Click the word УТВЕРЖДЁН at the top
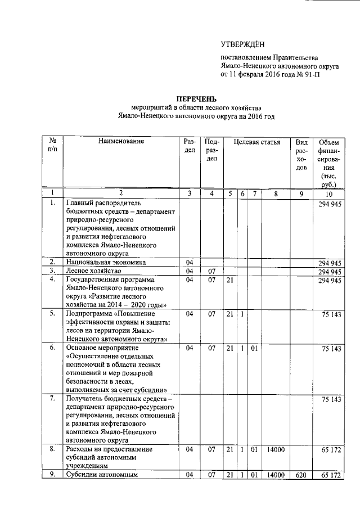point(242,44)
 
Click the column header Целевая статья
point(256,142)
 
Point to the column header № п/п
point(52,146)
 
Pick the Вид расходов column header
point(301,155)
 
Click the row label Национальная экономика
point(106,262)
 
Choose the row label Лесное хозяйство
point(93,271)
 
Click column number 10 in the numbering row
point(327,193)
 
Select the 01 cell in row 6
point(254,348)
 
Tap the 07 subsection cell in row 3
point(211,271)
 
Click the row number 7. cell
point(52,399)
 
